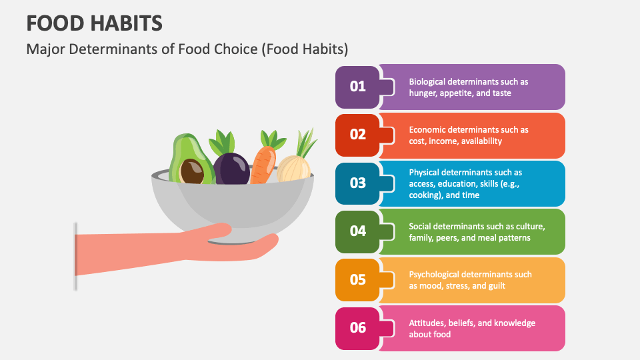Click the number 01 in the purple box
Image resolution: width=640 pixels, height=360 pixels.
358,87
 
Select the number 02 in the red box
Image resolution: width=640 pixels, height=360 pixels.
358,135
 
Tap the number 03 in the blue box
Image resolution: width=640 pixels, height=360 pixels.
358,183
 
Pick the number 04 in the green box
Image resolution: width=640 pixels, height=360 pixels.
358,231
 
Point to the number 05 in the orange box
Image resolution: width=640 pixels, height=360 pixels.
358,279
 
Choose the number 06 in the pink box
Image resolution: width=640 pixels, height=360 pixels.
358,327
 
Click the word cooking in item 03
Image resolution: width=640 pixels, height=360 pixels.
427,195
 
